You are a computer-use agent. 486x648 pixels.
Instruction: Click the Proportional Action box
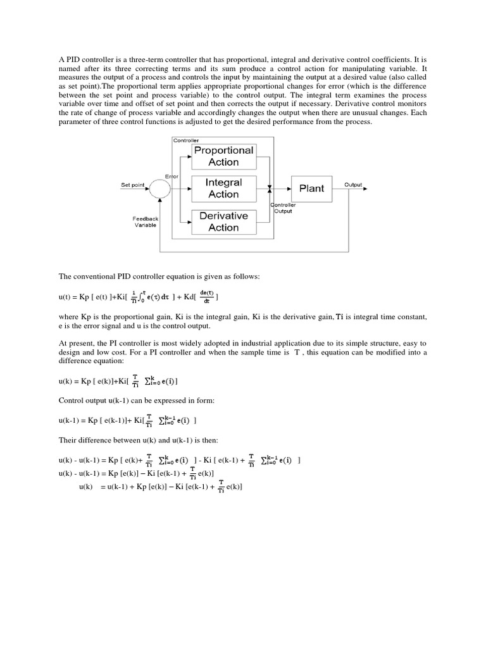(x=223, y=156)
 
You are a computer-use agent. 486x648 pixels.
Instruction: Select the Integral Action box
(x=223, y=189)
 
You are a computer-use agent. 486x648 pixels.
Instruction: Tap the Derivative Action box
(x=223, y=221)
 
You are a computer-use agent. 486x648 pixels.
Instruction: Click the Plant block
(x=311, y=188)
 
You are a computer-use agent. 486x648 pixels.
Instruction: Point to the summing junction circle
(x=160, y=187)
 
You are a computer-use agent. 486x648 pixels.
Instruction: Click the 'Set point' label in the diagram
(x=133, y=185)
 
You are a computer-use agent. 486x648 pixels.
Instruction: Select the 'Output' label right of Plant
(x=353, y=185)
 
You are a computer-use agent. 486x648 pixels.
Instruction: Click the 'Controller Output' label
(x=283, y=208)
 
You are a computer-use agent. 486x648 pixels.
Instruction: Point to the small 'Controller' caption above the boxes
(x=185, y=139)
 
